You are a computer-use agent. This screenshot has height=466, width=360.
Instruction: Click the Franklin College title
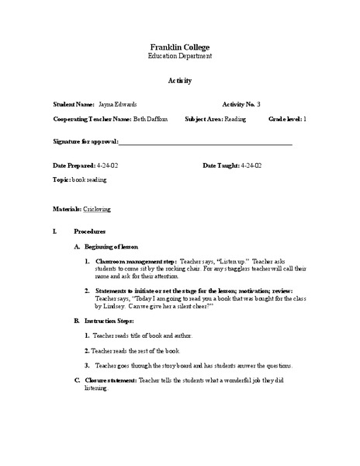pos(179,47)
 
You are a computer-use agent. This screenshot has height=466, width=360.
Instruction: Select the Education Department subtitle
pos(179,57)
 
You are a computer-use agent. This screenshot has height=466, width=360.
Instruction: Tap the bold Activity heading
pos(179,81)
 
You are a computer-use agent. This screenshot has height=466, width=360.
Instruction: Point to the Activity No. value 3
pos(258,104)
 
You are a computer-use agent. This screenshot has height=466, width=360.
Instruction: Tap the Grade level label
pos(285,120)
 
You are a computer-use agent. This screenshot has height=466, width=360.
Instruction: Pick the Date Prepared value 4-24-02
pos(108,166)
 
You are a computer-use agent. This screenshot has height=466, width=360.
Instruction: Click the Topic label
pos(61,179)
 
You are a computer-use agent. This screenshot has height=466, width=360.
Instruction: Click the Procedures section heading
pos(90,232)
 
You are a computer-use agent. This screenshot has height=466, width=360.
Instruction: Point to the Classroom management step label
pos(136,263)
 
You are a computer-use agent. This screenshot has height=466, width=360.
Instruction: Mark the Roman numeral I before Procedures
pos(54,232)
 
